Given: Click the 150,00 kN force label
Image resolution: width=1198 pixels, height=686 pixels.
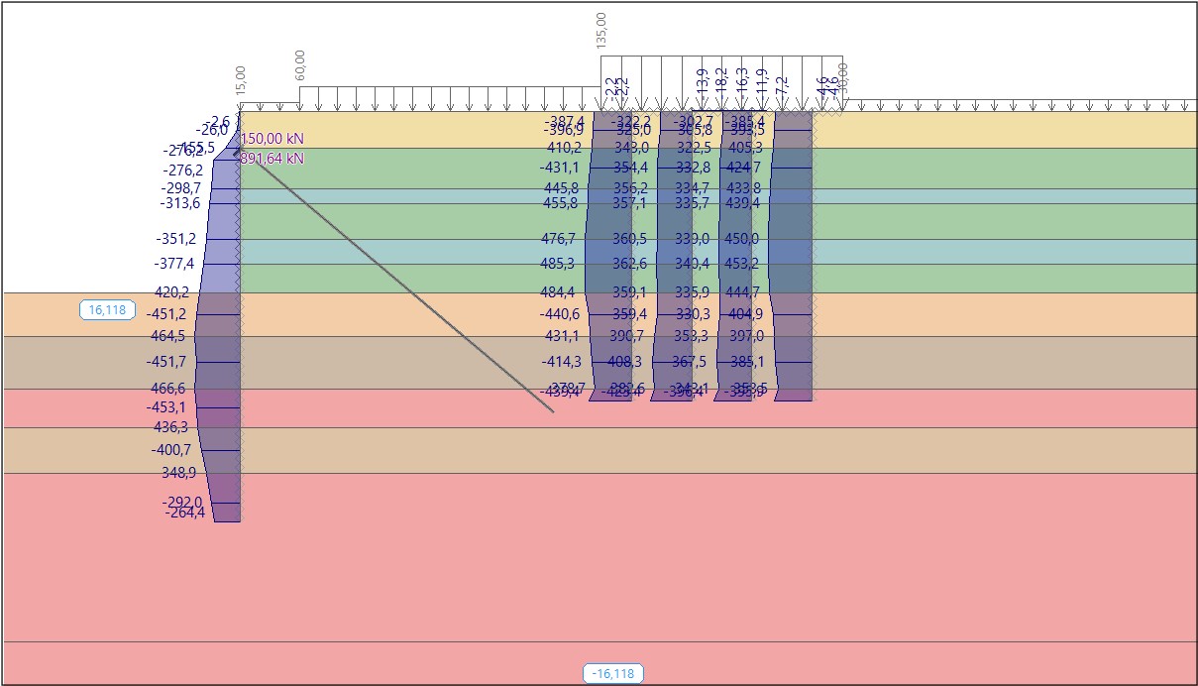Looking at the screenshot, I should tap(272, 139).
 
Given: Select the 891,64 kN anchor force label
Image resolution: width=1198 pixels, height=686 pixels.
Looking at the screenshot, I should tap(272, 158).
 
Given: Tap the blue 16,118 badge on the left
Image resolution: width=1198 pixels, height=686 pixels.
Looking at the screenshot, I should tap(107, 310).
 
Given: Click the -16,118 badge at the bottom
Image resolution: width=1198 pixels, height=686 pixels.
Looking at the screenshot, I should tap(613, 674).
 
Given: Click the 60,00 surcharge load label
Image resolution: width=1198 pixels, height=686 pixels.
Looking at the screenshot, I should tap(300, 65).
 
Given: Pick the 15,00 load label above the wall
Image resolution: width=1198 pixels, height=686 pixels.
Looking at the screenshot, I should tap(240, 80).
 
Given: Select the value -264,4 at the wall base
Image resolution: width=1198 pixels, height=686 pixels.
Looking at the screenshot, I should tap(185, 513).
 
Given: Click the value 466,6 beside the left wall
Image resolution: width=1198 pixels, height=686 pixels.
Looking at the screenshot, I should tap(167, 389).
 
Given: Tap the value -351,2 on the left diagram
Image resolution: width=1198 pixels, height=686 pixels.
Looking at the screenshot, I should tap(176, 239).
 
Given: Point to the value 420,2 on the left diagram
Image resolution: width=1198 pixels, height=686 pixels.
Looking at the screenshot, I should tap(171, 292).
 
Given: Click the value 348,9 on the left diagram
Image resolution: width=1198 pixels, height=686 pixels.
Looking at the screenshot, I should tap(178, 473).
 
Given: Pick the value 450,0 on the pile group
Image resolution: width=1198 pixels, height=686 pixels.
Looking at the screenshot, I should tap(741, 239).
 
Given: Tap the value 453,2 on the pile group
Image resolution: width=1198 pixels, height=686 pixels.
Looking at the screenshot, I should tap(741, 264).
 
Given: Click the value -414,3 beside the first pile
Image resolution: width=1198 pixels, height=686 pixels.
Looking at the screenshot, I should tap(561, 362).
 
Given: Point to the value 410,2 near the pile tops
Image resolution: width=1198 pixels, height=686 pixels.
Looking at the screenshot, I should tap(564, 148).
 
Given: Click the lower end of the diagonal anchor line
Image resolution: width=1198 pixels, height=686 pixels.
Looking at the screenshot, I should tap(552, 410).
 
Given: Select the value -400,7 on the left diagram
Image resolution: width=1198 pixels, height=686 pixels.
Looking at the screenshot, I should tap(171, 450).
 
